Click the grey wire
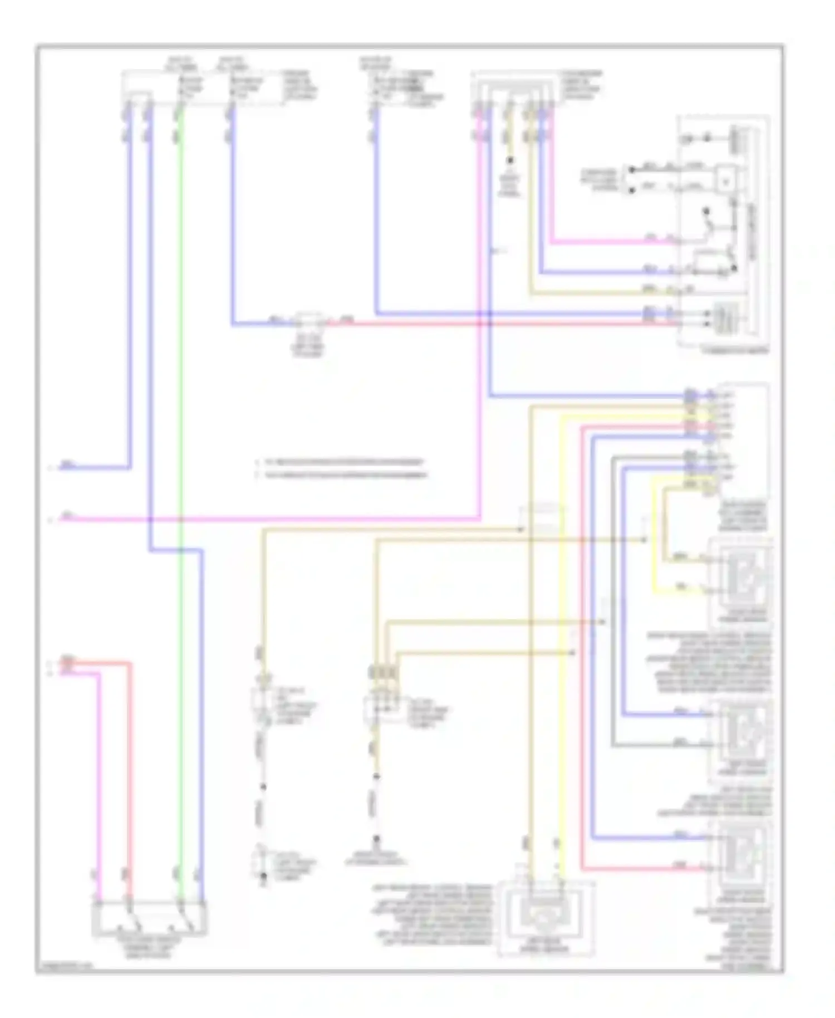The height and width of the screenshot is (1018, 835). (612, 613)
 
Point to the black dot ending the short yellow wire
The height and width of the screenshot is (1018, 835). (509, 160)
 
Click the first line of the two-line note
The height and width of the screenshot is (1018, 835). (341, 462)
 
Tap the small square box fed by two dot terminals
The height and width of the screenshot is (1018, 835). (725, 180)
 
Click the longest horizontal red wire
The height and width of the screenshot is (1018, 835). (501, 323)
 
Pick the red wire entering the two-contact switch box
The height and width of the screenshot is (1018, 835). (129, 780)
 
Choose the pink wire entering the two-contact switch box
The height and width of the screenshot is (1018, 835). (99, 780)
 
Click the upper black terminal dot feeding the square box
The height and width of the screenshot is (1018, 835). (632, 169)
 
